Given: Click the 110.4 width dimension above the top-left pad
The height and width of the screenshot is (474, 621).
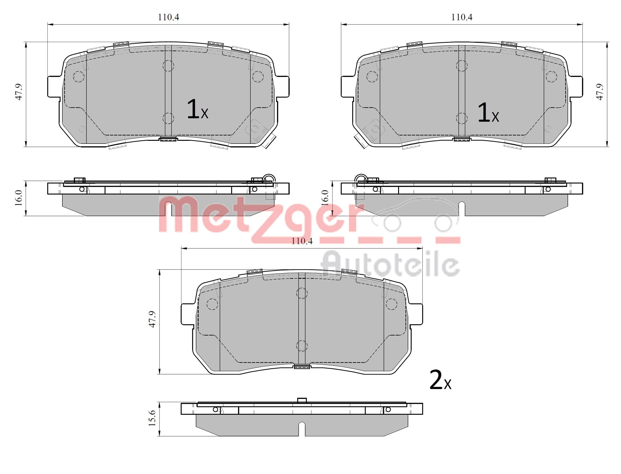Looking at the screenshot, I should tap(168, 17).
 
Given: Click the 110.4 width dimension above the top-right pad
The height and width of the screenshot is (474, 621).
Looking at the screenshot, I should tap(461, 17).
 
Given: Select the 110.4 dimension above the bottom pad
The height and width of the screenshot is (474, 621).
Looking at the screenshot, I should tap(302, 241).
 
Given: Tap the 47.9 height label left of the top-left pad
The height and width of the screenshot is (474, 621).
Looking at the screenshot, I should tap(19, 92).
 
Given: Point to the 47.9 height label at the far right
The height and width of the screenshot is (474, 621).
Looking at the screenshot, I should tap(600, 92).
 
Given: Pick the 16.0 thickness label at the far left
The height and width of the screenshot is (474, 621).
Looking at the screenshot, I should tap(19, 198).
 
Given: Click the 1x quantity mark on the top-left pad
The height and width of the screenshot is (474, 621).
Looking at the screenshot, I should tap(197, 109).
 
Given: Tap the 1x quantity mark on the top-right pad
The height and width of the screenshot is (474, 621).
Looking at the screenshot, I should tap(488, 113).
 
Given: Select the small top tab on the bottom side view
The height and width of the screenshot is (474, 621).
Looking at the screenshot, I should tap(302, 400).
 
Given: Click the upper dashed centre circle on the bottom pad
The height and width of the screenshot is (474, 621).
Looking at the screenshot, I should tap(302, 293).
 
